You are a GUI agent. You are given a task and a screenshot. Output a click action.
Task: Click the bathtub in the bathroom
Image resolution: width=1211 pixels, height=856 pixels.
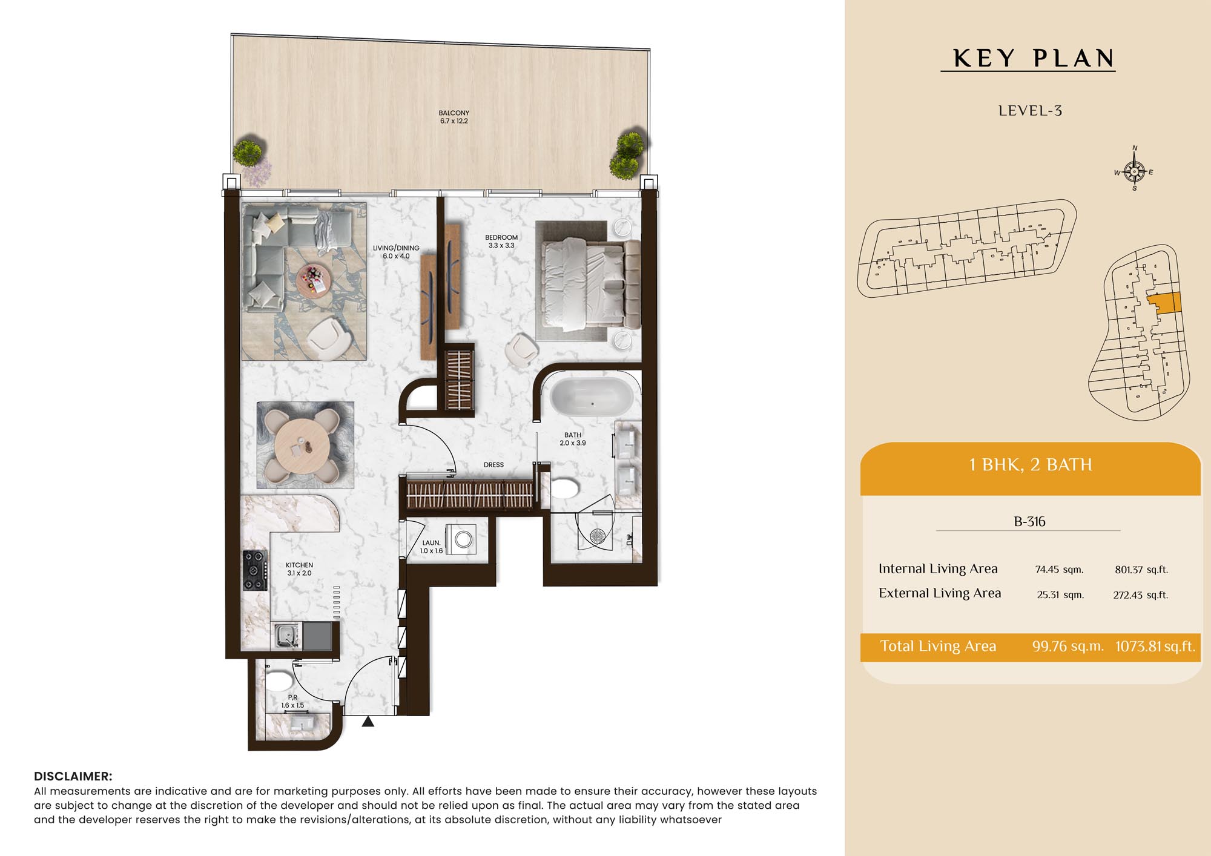(592, 397)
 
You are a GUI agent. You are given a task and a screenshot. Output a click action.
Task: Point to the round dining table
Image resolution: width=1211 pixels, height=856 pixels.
(302, 447)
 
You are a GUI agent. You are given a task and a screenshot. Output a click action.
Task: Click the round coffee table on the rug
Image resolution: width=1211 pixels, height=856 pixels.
(314, 280)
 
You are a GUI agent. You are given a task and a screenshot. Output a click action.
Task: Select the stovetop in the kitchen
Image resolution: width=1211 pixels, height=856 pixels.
(255, 570)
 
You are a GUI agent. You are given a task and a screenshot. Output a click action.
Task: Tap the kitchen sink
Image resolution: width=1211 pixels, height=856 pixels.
(285, 636)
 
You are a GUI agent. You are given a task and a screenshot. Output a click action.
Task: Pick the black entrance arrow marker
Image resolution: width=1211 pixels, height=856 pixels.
(368, 722)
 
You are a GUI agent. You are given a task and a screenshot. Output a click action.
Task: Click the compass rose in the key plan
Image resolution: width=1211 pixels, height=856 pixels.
(1134, 171)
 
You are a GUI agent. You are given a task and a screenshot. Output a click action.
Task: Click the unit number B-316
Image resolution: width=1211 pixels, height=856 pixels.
(1029, 521)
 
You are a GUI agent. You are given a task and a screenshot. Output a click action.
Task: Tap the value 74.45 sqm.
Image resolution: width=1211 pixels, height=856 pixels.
(1059, 569)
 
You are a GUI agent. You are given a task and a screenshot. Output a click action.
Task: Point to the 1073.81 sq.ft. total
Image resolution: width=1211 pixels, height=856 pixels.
(1155, 646)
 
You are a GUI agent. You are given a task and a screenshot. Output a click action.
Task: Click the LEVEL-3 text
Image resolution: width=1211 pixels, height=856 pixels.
(1030, 111)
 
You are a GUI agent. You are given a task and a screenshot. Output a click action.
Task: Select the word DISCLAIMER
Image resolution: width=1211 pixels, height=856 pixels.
(73, 776)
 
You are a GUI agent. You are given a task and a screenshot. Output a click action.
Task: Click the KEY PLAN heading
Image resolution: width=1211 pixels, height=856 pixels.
(1034, 58)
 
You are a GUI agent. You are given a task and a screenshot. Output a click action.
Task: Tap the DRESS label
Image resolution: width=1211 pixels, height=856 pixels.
(493, 465)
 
